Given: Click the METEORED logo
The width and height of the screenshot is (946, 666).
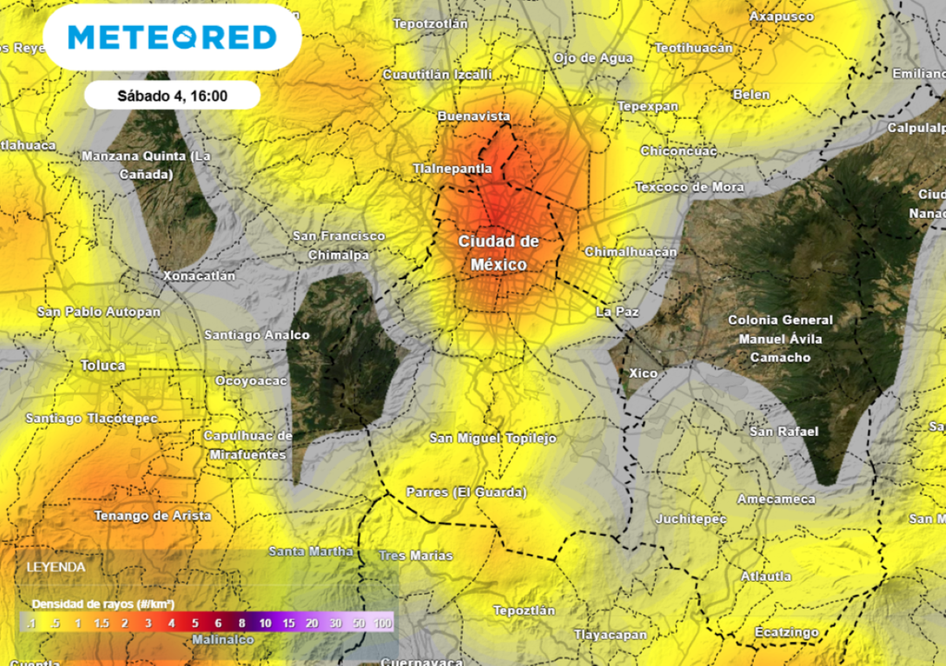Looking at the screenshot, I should (x=172, y=37).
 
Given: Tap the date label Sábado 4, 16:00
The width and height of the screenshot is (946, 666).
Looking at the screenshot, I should (x=173, y=94).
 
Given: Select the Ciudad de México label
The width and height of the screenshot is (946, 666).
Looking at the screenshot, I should (x=499, y=252).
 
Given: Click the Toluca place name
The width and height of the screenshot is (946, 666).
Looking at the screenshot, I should (x=103, y=366).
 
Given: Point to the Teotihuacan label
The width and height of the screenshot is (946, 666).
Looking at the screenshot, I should (x=693, y=47).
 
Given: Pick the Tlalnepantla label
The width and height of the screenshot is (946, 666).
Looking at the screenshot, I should (x=452, y=169).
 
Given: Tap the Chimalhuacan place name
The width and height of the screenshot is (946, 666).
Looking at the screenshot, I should (x=631, y=252).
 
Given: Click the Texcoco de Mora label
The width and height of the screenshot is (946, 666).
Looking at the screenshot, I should (x=689, y=187).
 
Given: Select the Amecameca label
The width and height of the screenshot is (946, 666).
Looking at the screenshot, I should (x=776, y=499).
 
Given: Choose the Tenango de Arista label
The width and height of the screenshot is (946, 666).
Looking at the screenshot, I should (x=152, y=515).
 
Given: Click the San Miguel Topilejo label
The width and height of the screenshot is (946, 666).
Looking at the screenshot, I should (x=493, y=438).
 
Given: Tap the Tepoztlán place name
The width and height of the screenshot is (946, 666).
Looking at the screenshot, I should (x=524, y=611).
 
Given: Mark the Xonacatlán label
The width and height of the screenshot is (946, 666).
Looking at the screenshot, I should (x=199, y=275).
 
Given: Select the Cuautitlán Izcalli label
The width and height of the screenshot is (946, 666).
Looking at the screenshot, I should (x=437, y=74).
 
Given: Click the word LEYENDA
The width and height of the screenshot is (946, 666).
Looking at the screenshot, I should (x=55, y=566).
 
